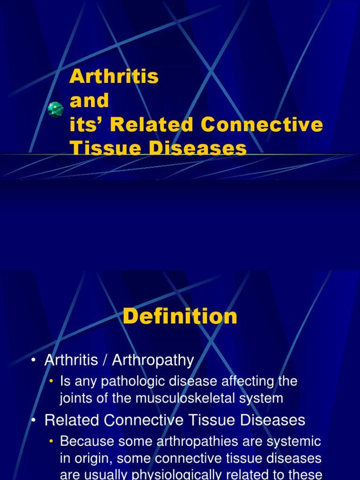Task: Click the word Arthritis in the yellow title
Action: (114, 76)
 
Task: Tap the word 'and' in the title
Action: (89, 100)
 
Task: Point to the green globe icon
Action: (56, 109)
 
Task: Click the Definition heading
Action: (180, 317)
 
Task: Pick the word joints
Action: (76, 398)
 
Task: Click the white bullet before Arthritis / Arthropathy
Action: (33, 360)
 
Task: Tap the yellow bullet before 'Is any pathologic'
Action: (51, 382)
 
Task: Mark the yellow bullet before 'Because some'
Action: (51, 442)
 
